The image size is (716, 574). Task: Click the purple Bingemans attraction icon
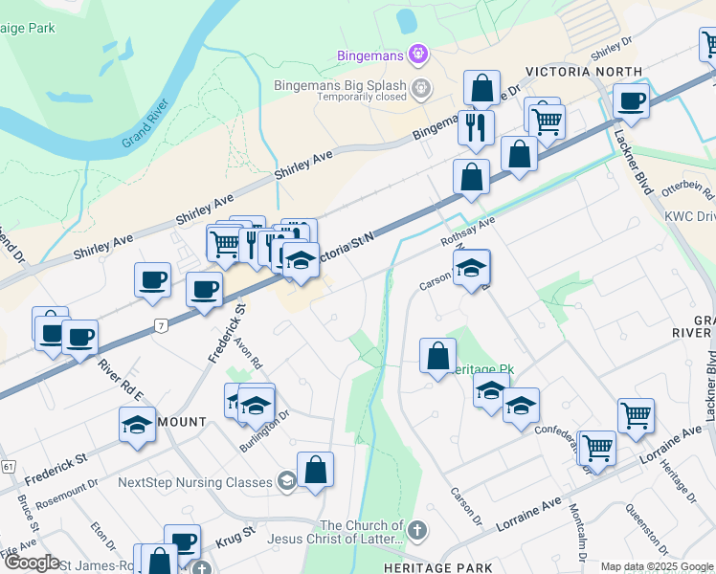[417, 55]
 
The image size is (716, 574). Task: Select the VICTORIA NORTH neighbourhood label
[583, 72]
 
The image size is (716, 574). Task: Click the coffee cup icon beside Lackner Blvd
[631, 100]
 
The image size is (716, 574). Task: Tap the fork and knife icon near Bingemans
[476, 126]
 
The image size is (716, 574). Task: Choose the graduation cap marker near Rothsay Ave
[472, 269]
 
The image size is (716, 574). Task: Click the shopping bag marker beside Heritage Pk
[437, 356]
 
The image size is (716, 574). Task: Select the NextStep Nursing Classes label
[195, 481]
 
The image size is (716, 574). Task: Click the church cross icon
[416, 529]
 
